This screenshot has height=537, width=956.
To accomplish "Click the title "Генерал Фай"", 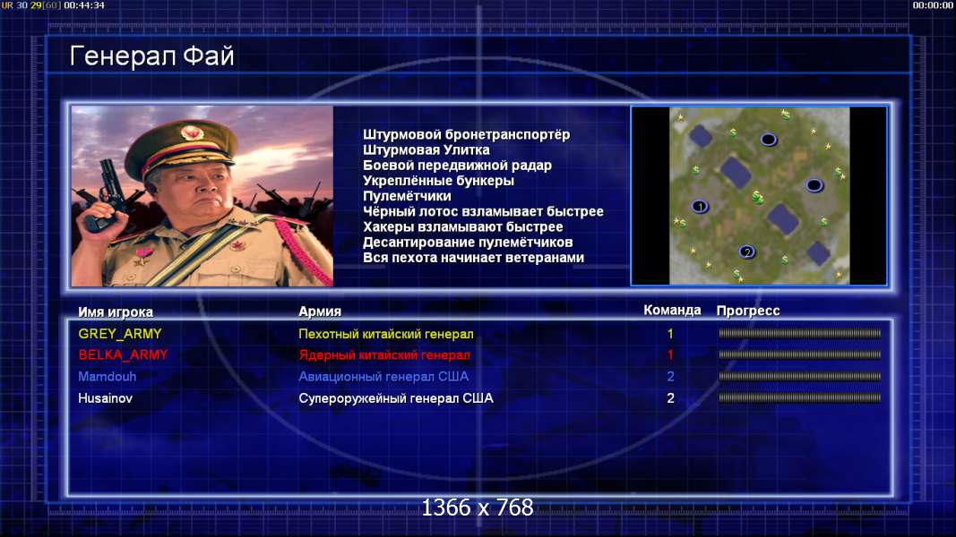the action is pos(151,56).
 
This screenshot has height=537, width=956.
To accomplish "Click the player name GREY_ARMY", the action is pos(119,334).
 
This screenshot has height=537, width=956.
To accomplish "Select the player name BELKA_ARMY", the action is pos(123,355).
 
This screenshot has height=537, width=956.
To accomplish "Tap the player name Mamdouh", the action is pos(108,376).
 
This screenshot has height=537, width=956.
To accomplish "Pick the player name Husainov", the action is pos(105,398).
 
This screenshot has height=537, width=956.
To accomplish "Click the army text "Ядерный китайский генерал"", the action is pos(384,355).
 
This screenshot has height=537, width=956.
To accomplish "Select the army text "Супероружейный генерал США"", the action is pos(396,398).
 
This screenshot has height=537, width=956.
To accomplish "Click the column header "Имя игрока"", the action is pos(116,311).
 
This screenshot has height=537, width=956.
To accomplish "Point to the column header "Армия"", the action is pos(320,311).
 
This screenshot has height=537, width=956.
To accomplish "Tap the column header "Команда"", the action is pos(672,311).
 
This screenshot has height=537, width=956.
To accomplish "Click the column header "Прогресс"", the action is pos(748,311).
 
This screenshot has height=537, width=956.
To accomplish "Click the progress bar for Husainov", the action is pos(800,398).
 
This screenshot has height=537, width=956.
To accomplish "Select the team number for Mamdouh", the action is pos(671,376).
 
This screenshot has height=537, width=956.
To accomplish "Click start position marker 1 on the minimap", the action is pos(700,207).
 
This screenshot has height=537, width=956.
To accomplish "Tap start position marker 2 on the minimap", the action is pos(747,251).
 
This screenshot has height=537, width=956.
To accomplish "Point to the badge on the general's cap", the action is pos(192,132).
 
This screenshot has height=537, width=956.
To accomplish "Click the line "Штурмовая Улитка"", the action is pos(426,149).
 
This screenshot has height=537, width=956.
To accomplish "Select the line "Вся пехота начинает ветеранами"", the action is pos(474,258).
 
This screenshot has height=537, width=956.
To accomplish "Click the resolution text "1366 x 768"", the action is pos(478,507).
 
